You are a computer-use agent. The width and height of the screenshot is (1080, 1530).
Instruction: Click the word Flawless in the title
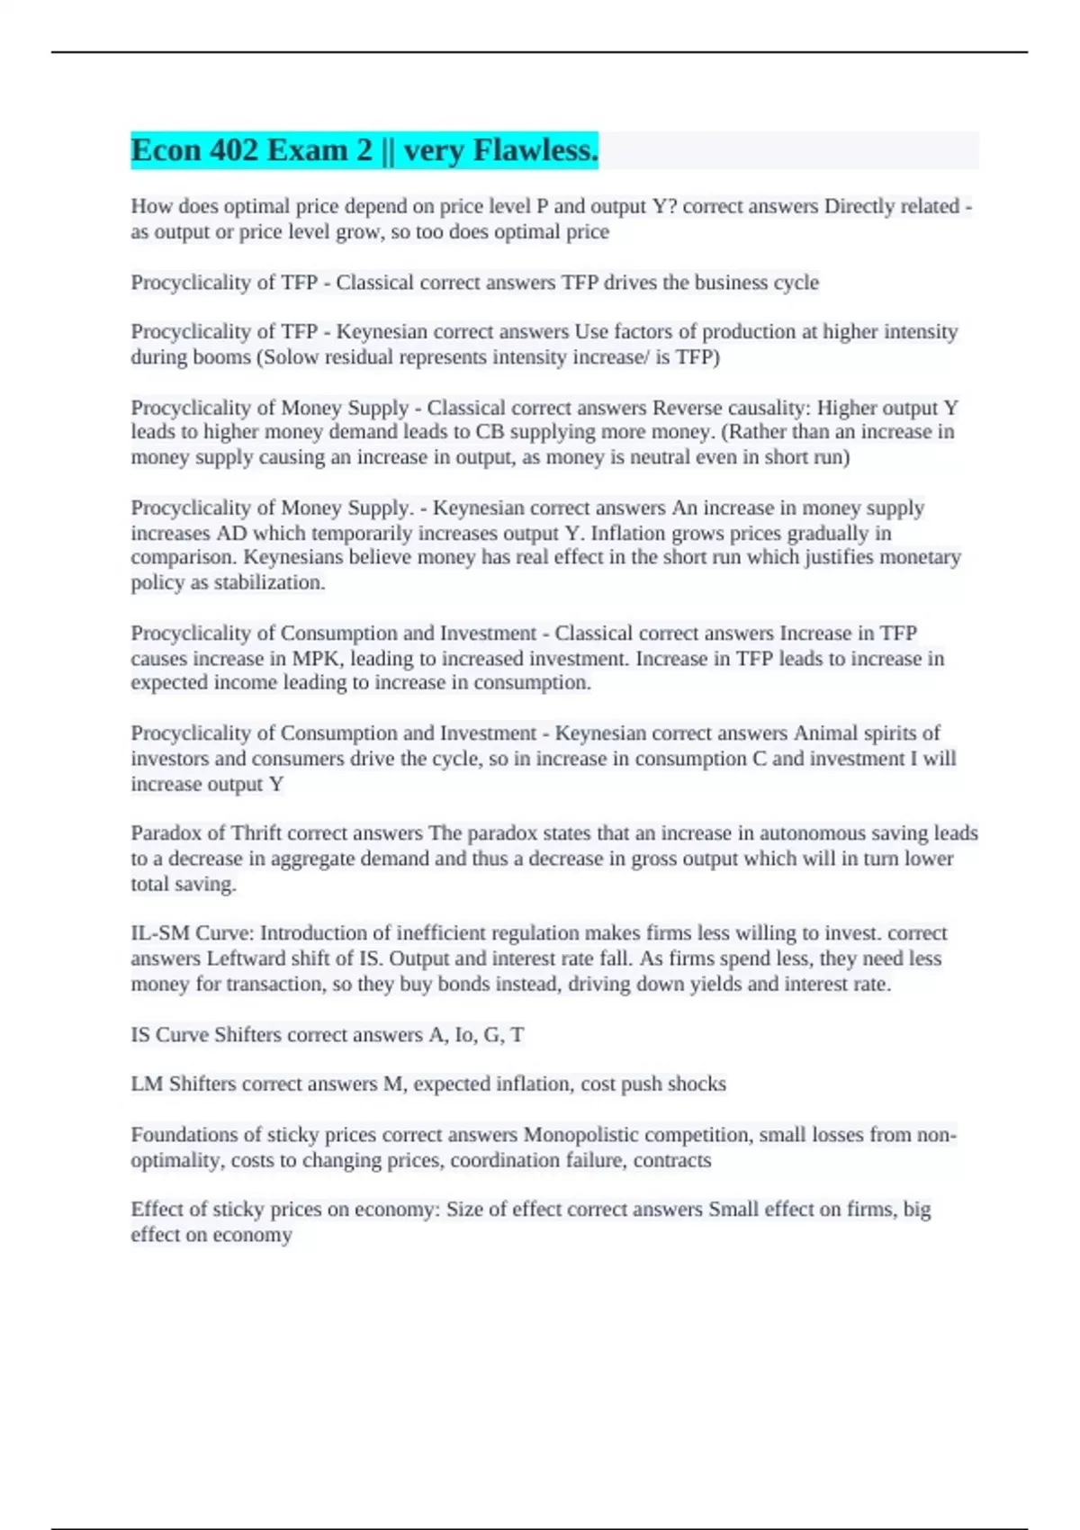535,150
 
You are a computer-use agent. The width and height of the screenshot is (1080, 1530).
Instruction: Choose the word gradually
827,534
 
